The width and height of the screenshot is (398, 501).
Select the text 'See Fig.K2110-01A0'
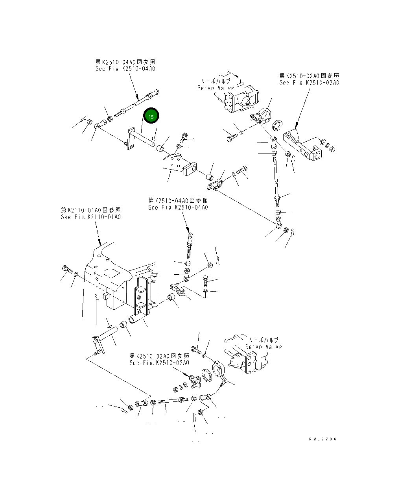click(x=90, y=217)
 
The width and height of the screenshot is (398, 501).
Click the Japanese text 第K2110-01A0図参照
click(x=90, y=210)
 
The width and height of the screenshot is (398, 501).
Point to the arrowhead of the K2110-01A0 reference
click(x=100, y=244)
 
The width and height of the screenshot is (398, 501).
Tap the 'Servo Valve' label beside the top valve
click(x=216, y=88)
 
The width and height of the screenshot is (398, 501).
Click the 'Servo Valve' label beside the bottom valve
click(x=263, y=347)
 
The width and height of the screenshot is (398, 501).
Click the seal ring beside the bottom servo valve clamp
click(x=207, y=375)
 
